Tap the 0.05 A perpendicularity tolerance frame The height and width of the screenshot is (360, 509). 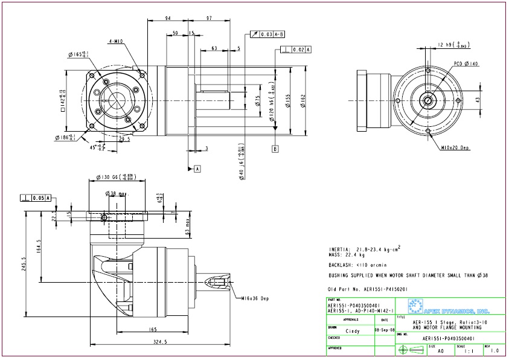coord(36,198)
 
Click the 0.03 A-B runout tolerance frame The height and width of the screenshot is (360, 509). coord(266,34)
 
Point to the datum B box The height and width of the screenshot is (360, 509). coord(275,148)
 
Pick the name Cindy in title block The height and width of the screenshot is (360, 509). coord(352,331)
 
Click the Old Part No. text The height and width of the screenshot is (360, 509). coord(367,289)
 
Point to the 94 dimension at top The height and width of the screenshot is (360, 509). coord(168,18)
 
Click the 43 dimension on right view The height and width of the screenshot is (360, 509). coord(478,99)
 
